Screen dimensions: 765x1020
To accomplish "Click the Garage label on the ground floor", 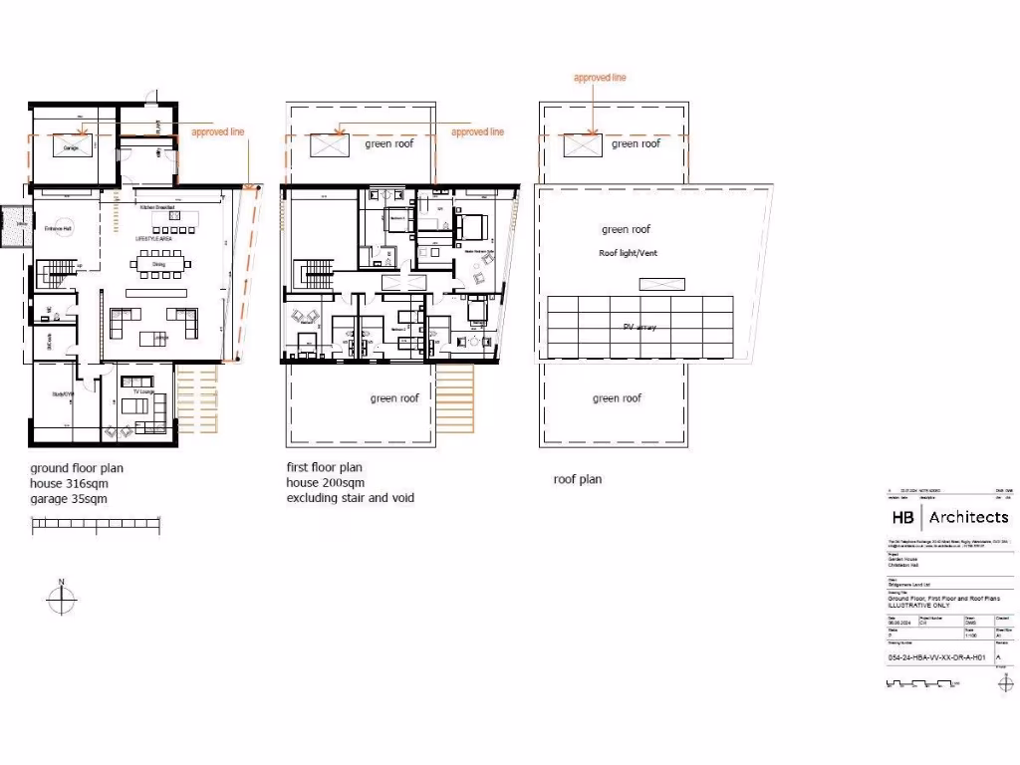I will point(71,148).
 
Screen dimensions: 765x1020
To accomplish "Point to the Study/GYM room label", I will point(63,394).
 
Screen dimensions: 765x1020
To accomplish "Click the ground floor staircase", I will point(58,270).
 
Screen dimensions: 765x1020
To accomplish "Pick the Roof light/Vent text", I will point(627,253).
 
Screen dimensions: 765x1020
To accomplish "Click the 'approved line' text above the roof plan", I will point(600,78).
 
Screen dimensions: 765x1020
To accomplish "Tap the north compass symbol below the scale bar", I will point(61,600).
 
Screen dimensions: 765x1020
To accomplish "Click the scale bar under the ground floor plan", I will point(96,526).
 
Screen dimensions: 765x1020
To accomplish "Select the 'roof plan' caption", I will point(578,479).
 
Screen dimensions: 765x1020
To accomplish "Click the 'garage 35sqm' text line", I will point(69,498).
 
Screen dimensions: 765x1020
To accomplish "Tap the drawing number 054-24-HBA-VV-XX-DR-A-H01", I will point(936,658).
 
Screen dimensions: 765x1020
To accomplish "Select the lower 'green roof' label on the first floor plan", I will point(394,398).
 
